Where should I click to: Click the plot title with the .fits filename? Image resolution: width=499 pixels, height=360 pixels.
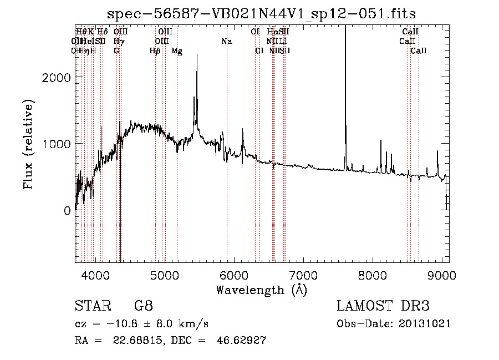261,13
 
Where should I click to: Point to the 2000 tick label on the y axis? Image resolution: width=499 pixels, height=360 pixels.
58,78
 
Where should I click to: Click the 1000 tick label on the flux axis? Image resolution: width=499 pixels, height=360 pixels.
58,144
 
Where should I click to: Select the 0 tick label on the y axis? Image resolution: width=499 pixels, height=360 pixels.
67,211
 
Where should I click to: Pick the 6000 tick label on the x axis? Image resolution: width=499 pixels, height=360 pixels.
233,275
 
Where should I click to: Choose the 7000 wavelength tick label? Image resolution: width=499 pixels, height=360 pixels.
303,275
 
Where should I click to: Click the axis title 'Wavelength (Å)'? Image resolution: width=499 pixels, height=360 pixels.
261,290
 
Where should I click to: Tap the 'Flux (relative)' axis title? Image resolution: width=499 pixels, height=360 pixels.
28,144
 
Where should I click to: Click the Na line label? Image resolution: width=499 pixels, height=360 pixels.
226,42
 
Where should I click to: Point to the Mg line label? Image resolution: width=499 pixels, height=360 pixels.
177,51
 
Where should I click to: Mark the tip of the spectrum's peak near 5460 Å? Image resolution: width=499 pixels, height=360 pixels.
197,54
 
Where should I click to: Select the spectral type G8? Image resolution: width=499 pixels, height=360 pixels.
143,307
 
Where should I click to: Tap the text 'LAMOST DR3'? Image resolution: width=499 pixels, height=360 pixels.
383,307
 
